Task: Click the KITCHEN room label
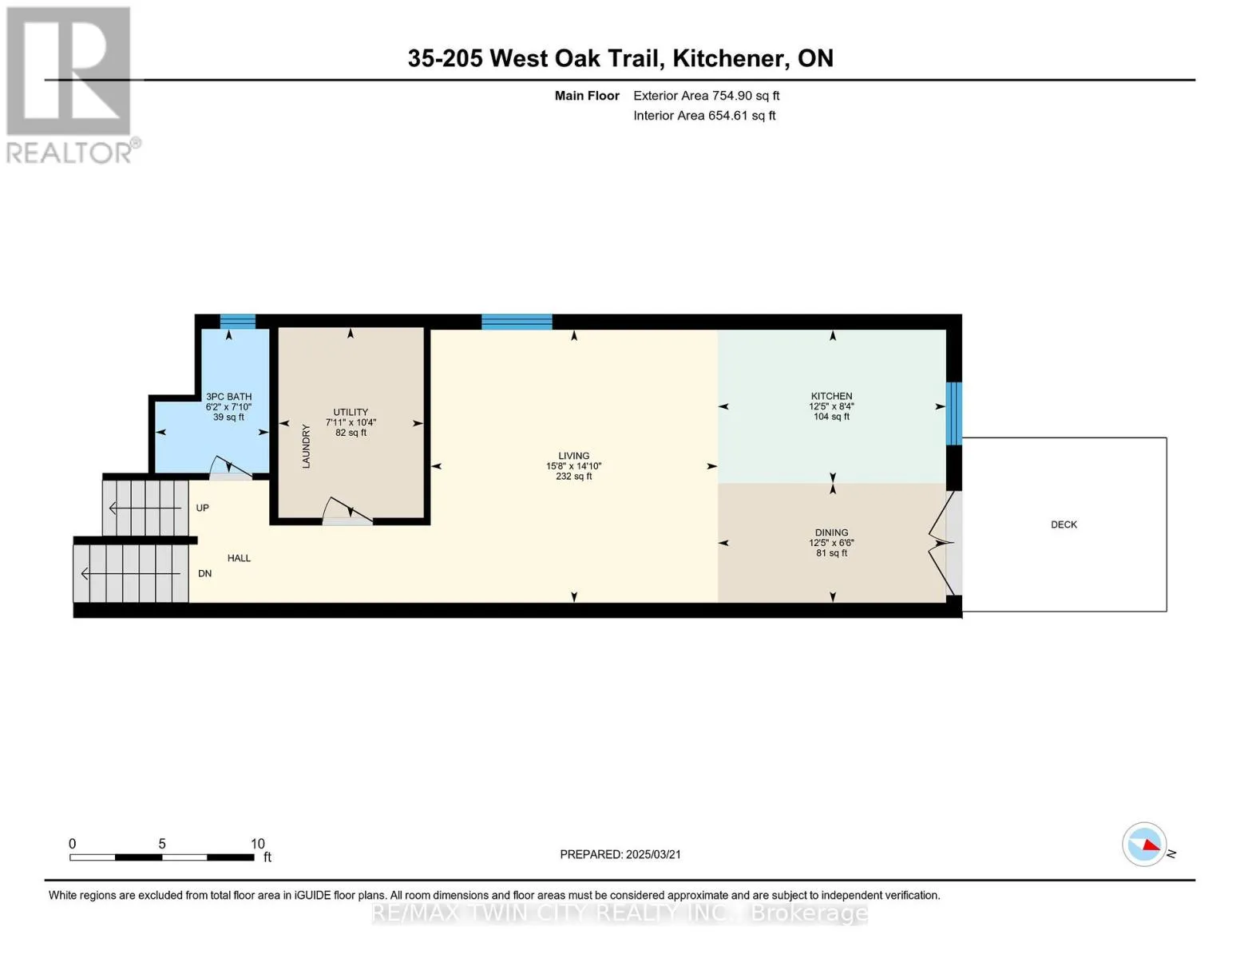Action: tap(831, 396)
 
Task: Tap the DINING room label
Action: tap(831, 532)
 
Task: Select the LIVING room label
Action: tap(573, 455)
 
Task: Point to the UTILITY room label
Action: tap(351, 412)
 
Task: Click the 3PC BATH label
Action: tap(228, 397)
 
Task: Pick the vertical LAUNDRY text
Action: tap(306, 446)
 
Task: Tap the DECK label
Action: tap(1064, 525)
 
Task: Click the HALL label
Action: tap(239, 558)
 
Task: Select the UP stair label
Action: tap(203, 508)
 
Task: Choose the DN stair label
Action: tap(205, 573)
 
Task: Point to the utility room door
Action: tap(347, 510)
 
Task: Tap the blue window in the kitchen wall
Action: tap(954, 413)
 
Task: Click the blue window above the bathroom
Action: tap(237, 321)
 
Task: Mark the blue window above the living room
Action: tap(517, 322)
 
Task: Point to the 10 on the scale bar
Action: tap(257, 843)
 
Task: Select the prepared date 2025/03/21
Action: tap(653, 854)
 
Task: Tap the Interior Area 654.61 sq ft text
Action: tap(704, 116)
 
